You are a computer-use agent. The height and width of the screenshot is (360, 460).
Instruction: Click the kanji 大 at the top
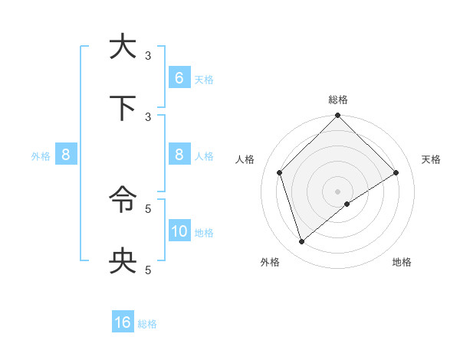click(x=123, y=47)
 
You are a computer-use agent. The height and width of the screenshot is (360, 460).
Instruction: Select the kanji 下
click(x=123, y=109)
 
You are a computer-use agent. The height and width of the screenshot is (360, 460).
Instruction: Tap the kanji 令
click(x=123, y=201)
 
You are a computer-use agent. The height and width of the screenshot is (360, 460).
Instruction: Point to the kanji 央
click(x=123, y=262)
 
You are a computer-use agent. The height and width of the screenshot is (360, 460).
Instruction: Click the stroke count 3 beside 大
click(x=148, y=55)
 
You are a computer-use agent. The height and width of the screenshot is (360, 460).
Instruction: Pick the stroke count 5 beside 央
click(x=148, y=270)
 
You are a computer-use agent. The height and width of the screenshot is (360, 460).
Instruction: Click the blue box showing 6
click(x=179, y=78)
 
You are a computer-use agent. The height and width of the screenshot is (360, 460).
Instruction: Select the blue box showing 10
click(x=179, y=231)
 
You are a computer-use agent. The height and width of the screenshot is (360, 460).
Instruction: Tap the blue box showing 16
click(x=123, y=322)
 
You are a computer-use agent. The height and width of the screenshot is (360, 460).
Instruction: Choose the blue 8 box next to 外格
click(x=66, y=155)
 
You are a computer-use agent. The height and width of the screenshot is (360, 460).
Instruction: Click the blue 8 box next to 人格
click(x=179, y=155)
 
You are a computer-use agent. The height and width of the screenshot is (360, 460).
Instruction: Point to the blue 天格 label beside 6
click(x=204, y=80)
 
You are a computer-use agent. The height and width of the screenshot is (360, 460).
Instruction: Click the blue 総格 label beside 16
click(x=147, y=324)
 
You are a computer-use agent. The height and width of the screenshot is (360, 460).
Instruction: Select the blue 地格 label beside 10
click(x=204, y=233)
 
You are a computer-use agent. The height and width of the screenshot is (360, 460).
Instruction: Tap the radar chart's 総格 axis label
click(x=338, y=100)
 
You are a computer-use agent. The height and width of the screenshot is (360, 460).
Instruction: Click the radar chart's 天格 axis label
click(x=432, y=159)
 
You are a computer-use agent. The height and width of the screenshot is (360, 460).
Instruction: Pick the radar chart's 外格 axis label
click(x=270, y=262)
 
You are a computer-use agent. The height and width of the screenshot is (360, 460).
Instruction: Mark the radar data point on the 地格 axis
click(x=347, y=204)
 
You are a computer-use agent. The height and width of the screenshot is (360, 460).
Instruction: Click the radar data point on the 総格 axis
click(x=338, y=116)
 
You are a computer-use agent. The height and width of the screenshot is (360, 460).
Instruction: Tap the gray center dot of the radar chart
click(x=338, y=191)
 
